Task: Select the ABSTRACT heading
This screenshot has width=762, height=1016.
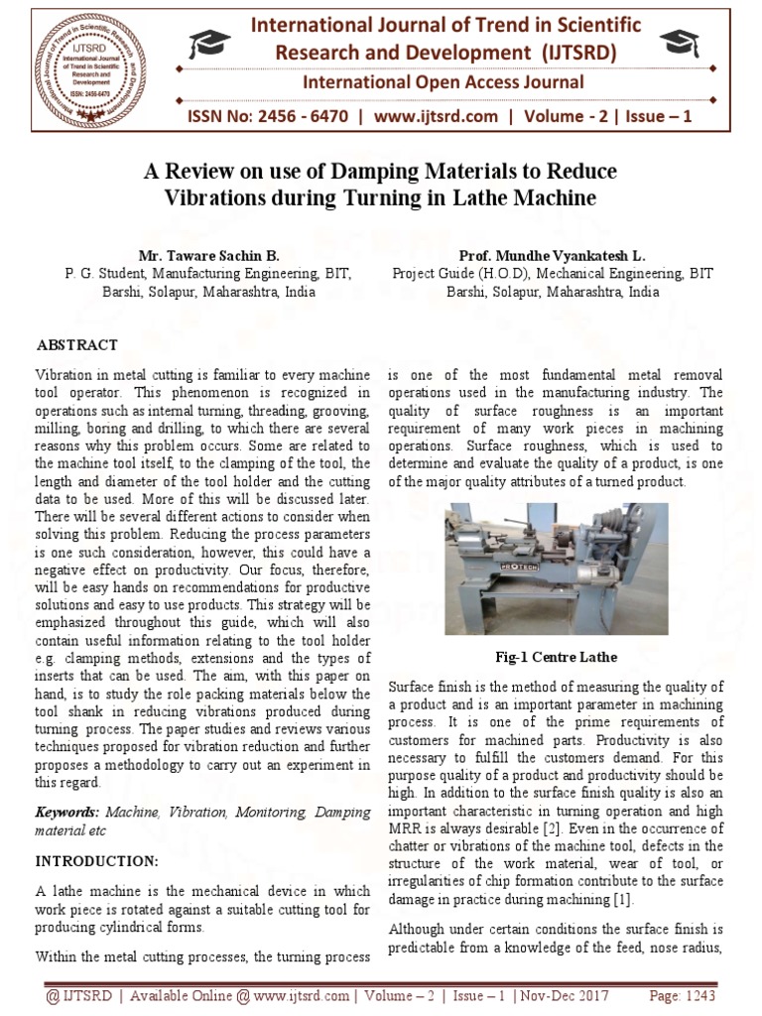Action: (x=77, y=345)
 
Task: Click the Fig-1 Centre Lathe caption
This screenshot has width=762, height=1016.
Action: (x=556, y=657)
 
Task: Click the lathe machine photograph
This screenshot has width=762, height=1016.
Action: (x=556, y=568)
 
